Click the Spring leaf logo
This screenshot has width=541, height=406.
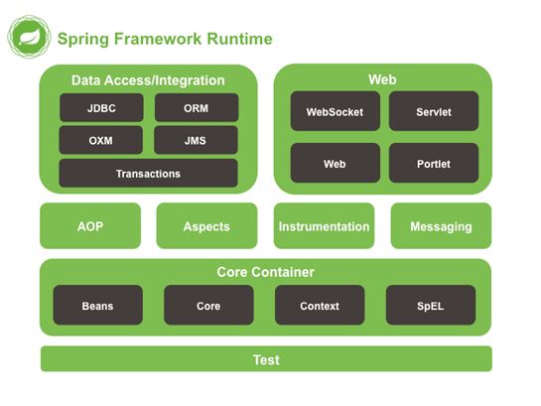click(x=29, y=38)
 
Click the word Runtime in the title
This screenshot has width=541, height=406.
click(x=238, y=40)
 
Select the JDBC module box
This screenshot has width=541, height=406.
click(x=100, y=107)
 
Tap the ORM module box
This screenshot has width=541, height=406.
click(x=197, y=107)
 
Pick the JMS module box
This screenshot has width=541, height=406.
click(x=197, y=140)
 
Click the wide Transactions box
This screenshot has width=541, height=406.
click(x=148, y=174)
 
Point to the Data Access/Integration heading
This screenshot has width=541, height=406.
click(x=148, y=80)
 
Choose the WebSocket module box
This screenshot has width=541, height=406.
click(x=335, y=112)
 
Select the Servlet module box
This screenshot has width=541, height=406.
click(x=433, y=112)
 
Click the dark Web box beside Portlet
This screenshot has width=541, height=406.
click(x=335, y=163)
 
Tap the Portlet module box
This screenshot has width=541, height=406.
click(x=433, y=163)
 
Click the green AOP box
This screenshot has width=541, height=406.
click(x=90, y=226)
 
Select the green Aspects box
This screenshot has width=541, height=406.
click(x=206, y=226)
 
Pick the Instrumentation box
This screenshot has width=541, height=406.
click(x=324, y=226)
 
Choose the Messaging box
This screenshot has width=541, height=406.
click(x=441, y=226)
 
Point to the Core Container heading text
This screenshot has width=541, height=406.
click(x=265, y=272)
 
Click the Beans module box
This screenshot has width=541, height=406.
click(x=97, y=306)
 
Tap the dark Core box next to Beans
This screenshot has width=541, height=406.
click(x=208, y=306)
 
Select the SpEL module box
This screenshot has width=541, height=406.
click(x=431, y=306)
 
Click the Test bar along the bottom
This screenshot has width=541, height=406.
click(x=265, y=359)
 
